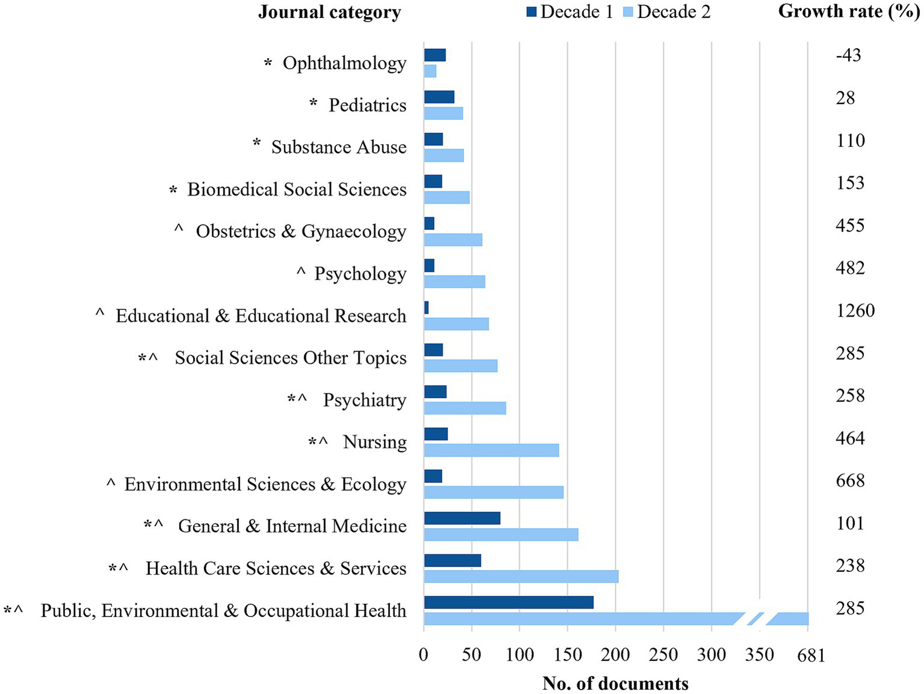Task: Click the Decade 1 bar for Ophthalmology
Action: point(435,55)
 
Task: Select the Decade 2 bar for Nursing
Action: point(491,450)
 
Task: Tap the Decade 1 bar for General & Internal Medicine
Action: point(462,518)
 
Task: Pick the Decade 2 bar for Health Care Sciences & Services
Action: point(521,577)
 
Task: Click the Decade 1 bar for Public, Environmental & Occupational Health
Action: point(509,603)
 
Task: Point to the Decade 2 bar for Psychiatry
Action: point(465,408)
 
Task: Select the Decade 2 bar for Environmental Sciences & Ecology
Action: point(494,492)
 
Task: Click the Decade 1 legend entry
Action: point(569,12)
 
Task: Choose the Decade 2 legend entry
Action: point(667,12)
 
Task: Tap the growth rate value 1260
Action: point(855,311)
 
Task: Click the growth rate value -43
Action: point(848,55)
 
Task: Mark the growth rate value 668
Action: point(850,480)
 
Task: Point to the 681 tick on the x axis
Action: point(810,655)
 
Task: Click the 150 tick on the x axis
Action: point(567,655)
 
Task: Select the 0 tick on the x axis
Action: point(424,655)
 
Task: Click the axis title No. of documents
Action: point(615,683)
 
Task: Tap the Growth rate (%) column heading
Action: point(849,11)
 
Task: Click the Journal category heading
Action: point(329,13)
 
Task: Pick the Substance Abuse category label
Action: point(338,147)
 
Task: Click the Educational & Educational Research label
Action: point(261,315)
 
